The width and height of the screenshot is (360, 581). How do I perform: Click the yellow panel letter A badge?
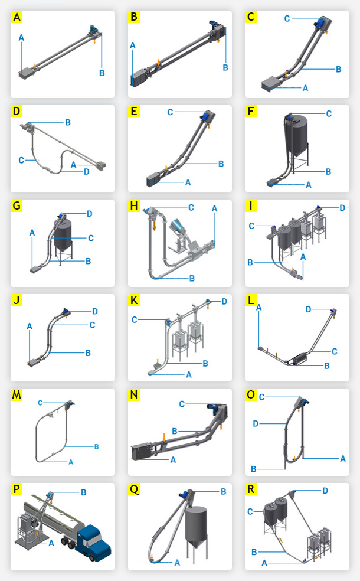18,17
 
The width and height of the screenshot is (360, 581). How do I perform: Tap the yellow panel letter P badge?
18,489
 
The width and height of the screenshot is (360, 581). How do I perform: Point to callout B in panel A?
102,73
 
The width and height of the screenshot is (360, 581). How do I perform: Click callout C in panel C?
287,18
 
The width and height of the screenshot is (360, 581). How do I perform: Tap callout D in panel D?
87,172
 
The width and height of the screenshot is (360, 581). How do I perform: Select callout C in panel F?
329,113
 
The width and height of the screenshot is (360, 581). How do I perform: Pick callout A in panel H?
214,208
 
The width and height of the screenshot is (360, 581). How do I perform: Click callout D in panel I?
342,207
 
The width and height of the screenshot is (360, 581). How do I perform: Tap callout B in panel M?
96,446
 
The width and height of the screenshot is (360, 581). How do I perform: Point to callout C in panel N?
182,404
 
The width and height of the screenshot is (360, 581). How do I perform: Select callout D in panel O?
256,423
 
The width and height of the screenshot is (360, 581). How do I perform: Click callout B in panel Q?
223,491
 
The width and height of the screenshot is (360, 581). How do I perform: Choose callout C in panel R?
250,511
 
